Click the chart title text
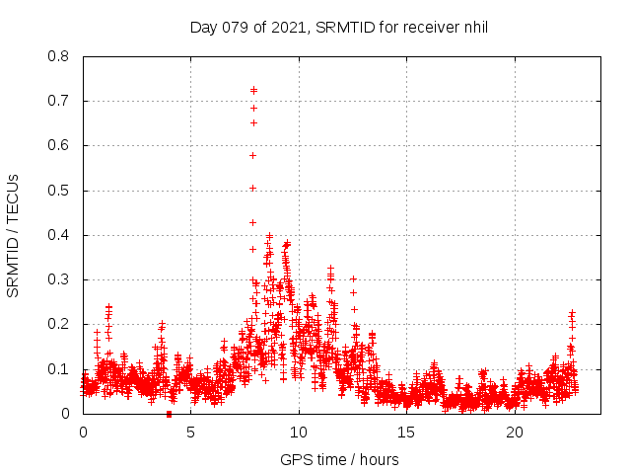coord(339,28)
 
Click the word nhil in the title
coord(474,28)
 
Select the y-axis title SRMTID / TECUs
coord(14,235)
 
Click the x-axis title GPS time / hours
coord(339,459)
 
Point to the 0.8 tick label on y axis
coord(59,56)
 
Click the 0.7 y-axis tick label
coord(59,101)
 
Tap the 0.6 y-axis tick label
coord(59,145)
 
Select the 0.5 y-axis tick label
coord(59,191)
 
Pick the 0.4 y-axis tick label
coord(59,235)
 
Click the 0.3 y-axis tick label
coord(59,279)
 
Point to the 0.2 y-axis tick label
coord(59,324)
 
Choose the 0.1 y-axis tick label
coord(59,369)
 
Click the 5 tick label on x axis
coord(190,433)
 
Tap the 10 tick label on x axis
coord(299,433)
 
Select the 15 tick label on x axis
coord(406,433)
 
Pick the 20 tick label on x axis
coord(515,433)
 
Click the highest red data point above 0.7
coord(253,90)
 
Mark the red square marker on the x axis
coord(169,414)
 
